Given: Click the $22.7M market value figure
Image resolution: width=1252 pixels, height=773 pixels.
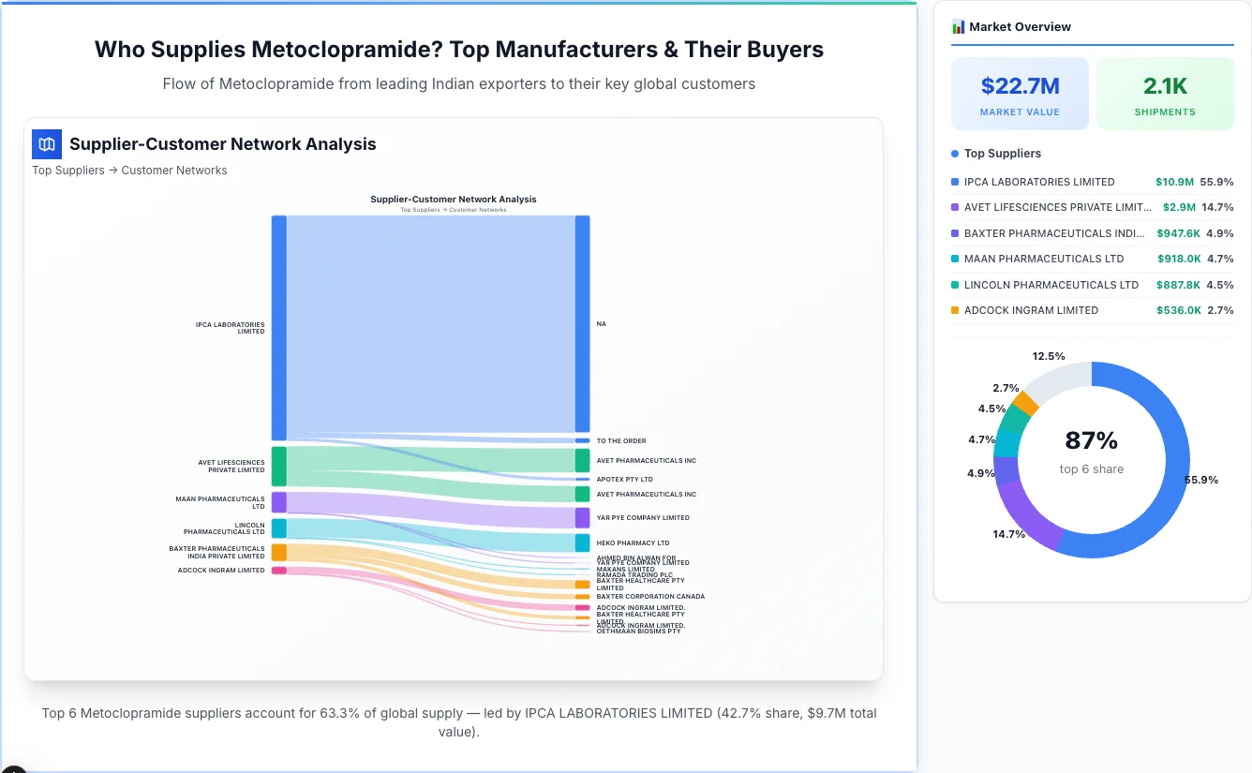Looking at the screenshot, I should [x=1020, y=86].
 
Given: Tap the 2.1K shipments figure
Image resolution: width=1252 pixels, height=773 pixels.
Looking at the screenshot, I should [x=1165, y=86].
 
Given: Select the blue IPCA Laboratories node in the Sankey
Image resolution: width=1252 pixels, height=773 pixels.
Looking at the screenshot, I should [x=278, y=327].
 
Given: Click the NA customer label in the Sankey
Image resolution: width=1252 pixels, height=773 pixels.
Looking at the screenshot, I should [x=602, y=324].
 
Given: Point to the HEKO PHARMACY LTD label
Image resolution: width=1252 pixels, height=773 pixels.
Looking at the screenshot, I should [x=633, y=543].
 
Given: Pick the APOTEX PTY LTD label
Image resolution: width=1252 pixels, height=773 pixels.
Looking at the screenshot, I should [x=624, y=480].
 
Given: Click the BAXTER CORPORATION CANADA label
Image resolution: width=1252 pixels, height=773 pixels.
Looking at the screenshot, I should [x=650, y=597].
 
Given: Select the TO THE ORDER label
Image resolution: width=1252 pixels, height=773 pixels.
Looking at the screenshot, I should [x=621, y=441].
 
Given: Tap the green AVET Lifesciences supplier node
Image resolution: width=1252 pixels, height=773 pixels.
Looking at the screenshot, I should [x=278, y=466].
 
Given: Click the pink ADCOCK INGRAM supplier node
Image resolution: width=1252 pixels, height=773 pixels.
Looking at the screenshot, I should [x=278, y=571].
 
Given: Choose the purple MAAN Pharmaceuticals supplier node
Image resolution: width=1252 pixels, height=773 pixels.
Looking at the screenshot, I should [x=278, y=502].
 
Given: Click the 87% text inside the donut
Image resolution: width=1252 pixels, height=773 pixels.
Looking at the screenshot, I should [x=1091, y=440].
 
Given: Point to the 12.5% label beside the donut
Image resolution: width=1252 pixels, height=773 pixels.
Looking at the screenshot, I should [x=1049, y=356].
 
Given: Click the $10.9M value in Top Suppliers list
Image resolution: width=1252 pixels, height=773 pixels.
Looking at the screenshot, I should [x=1174, y=182].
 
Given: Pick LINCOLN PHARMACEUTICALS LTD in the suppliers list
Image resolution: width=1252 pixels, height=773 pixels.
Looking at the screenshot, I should [x=1051, y=285].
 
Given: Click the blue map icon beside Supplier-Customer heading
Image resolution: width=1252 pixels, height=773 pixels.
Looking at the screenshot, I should [x=46, y=144].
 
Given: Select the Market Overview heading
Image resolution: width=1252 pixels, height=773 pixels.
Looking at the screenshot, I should [x=1020, y=27].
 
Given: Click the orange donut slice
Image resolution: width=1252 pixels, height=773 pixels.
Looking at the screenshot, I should [x=1024, y=403].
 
